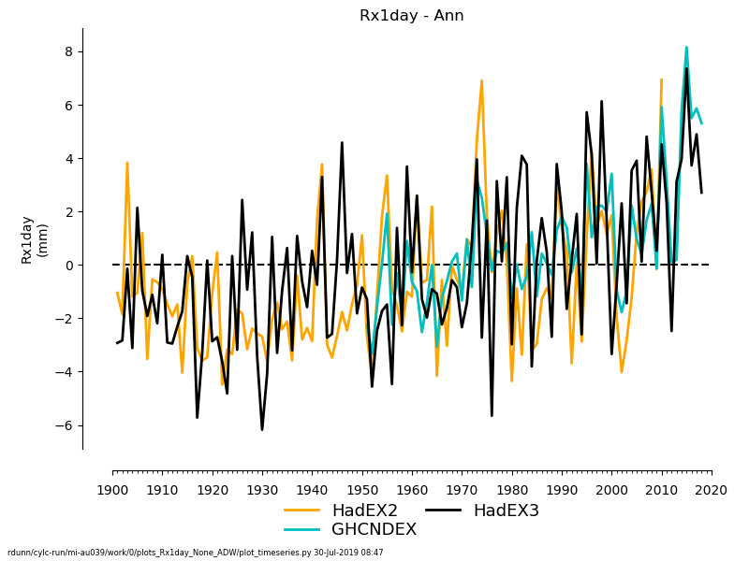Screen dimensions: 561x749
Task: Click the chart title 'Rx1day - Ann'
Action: click(x=411, y=16)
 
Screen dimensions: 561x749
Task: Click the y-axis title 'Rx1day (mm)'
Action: click(x=34, y=239)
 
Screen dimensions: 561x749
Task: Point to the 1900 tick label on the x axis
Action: click(x=112, y=490)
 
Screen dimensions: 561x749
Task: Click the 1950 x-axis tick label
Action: click(x=362, y=490)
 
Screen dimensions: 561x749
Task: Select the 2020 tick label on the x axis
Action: click(x=712, y=490)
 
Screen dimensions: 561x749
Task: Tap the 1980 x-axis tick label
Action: click(x=512, y=490)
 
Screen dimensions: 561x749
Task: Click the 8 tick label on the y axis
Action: click(x=66, y=52)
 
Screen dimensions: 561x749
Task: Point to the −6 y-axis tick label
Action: click(x=63, y=425)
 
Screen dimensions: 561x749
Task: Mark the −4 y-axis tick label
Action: click(x=63, y=372)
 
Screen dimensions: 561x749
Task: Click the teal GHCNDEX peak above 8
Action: click(x=686, y=48)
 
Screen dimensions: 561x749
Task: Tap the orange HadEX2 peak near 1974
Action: click(x=481, y=81)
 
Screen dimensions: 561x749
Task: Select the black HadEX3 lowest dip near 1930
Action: click(x=262, y=429)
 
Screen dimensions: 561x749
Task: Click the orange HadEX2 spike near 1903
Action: click(x=127, y=164)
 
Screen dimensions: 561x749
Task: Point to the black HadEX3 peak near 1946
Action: click(x=342, y=143)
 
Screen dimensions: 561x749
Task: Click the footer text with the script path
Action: click(x=196, y=553)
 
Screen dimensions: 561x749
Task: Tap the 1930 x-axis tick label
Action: click(x=262, y=490)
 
